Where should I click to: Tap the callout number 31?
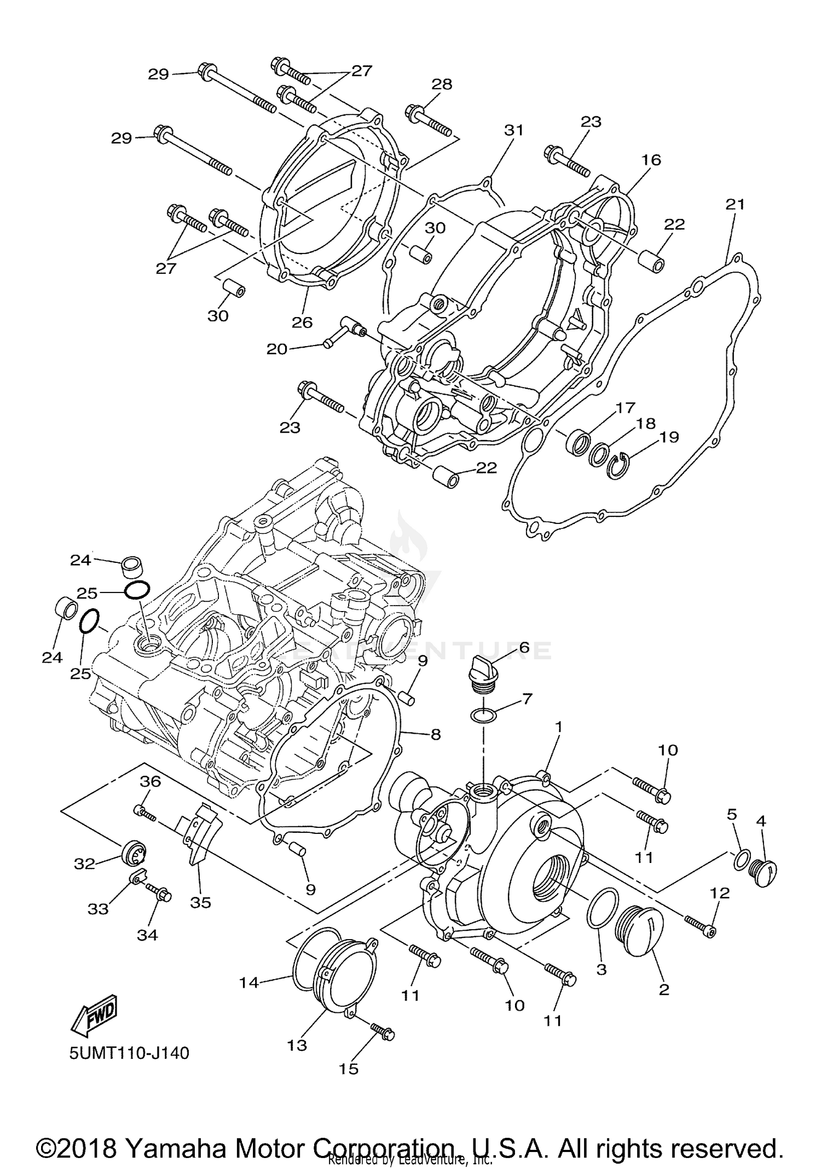tap(514, 130)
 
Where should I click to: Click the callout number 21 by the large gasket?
tap(735, 204)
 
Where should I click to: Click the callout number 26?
tap(302, 322)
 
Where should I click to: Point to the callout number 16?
tap(651, 160)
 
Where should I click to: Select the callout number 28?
tap(442, 84)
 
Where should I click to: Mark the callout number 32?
tap(84, 863)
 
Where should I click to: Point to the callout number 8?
tap(436, 734)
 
